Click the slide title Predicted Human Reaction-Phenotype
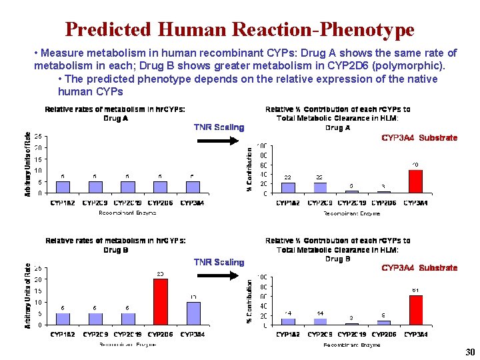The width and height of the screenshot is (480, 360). pos(239,30)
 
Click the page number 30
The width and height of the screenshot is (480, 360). pos(468,352)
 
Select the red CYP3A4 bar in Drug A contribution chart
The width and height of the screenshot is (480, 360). pos(415,181)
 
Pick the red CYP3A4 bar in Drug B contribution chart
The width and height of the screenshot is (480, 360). pos(415,310)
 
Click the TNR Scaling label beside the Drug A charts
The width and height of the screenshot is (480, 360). pos(219,127)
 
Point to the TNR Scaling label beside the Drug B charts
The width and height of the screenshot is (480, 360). pos(219,262)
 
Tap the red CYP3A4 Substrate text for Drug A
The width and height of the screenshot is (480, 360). pos(419,138)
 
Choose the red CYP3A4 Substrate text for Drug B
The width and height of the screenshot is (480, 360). pos(419,268)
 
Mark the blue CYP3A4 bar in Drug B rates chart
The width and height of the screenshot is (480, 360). pos(193,313)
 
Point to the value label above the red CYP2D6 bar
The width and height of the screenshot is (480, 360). pos(160,273)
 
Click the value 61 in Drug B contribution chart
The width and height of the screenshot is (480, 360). pos(415,290)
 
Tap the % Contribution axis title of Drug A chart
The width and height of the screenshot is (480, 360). pos(250,170)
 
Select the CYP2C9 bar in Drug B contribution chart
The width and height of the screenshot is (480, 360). pos(320,321)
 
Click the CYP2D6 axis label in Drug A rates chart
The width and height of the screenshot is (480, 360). pos(161,203)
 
